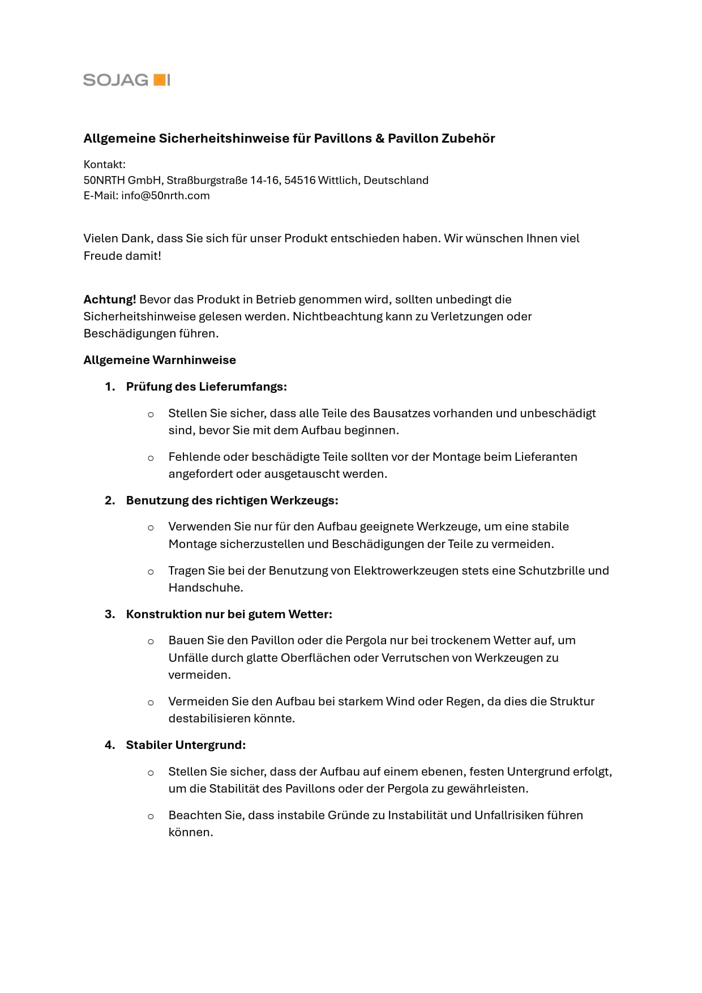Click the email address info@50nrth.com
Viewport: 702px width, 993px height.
pos(165,196)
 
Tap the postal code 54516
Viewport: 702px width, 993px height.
pos(299,181)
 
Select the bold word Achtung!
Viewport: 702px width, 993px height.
pos(110,299)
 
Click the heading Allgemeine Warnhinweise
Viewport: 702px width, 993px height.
pos(160,360)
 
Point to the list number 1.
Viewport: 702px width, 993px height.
pos(110,387)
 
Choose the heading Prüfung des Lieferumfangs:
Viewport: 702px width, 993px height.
pos(206,387)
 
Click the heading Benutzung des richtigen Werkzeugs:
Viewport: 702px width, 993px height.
pos(232,500)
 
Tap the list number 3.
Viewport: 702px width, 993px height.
pos(110,614)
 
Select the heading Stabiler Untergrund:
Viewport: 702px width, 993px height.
pos(186,745)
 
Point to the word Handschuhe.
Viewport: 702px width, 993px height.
pos(206,588)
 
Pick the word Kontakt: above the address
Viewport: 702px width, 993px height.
pos(105,165)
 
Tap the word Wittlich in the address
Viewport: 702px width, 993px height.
pos(337,181)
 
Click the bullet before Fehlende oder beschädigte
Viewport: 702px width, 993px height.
pos(151,458)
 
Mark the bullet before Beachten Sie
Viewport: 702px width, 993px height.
pos(151,816)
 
